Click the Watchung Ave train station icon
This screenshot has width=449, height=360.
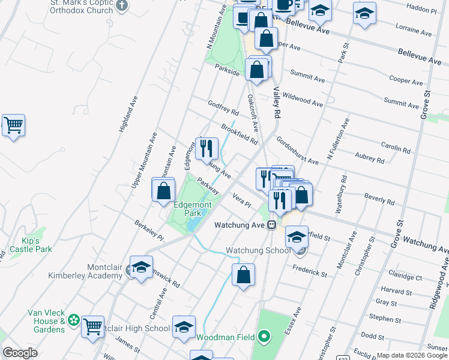coord(271,225)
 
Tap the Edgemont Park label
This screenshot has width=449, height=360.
coord(187,208)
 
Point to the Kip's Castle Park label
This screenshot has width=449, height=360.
coord(31,245)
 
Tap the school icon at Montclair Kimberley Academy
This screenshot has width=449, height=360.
coord(141,268)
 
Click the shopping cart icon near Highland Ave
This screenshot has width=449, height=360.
coord(13,125)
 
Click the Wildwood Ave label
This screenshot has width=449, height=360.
coord(303,100)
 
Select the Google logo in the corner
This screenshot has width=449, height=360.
coord(20,352)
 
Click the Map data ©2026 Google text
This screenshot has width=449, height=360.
coord(411,355)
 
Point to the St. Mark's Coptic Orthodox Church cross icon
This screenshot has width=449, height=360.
coord(122,6)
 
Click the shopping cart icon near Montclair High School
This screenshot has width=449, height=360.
coord(92,327)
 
